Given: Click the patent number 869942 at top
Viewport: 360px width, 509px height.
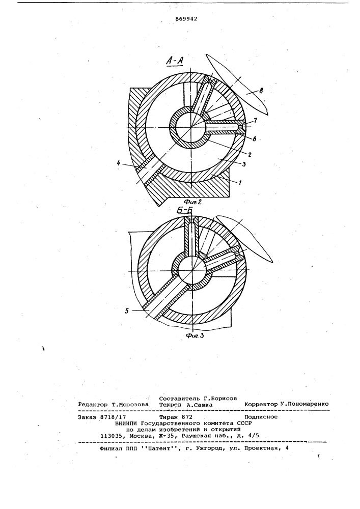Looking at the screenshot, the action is (186, 18).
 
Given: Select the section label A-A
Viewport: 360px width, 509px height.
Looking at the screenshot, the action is (175, 61).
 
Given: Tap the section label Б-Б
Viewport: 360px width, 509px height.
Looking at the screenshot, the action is (184, 211).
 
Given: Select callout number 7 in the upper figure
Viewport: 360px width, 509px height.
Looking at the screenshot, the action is (256, 121).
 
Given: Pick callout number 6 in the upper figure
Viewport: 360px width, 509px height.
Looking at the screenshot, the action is (255, 138).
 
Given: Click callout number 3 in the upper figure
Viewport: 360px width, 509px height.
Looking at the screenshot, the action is (244, 164).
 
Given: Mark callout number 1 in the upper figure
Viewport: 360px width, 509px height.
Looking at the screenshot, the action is (240, 182).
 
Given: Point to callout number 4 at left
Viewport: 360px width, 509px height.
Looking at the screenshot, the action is (119, 164).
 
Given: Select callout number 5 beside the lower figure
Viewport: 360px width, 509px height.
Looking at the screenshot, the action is (126, 310).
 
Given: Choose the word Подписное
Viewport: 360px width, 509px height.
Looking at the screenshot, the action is (261, 417).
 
